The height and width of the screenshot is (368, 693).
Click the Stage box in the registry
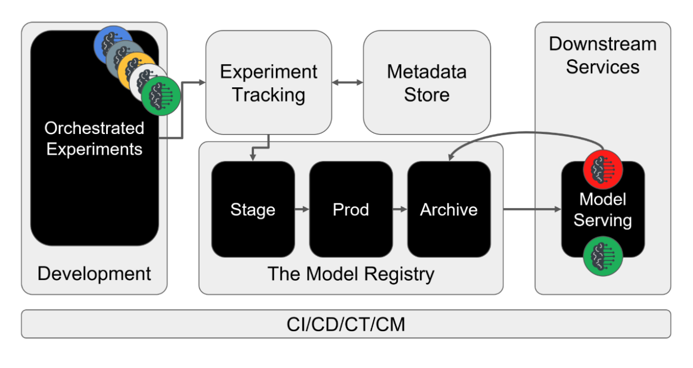pos(253,209)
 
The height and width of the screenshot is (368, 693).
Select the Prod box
pos(351,209)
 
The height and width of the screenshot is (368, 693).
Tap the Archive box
pos(449,209)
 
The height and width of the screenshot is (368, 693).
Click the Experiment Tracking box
pos(269,82)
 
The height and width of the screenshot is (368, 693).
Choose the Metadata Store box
pos(427,82)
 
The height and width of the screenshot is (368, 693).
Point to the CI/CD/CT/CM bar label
pos(346,324)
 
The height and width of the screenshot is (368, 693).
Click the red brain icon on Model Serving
pos(603,170)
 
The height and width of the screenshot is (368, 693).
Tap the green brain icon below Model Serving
pos(603,256)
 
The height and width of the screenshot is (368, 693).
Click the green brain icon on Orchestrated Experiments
pos(161,96)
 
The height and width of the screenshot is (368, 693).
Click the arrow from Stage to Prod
pos(302,209)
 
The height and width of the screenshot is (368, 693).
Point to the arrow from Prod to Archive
pos(400,209)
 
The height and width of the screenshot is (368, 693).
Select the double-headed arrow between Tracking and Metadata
pos(348,82)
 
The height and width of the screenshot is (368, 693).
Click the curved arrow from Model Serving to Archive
pos(526,133)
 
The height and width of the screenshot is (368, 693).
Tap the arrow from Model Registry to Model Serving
pos(533,209)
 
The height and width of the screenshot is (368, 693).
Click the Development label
pos(95,274)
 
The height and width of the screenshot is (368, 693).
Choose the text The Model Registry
pos(351,274)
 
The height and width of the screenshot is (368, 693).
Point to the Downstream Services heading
pos(603,55)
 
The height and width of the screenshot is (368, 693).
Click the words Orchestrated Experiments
pos(95,138)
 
